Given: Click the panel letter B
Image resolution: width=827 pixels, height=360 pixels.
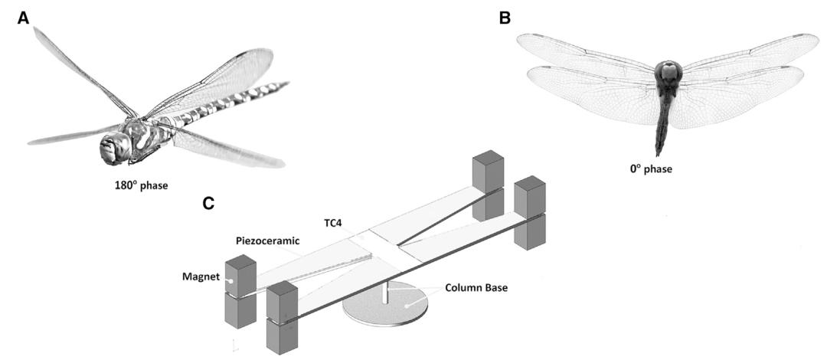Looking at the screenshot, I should tap(505, 17).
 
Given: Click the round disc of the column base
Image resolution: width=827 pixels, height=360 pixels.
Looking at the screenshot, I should tap(383, 311).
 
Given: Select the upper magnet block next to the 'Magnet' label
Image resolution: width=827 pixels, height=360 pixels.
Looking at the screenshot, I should tap(240, 271).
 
